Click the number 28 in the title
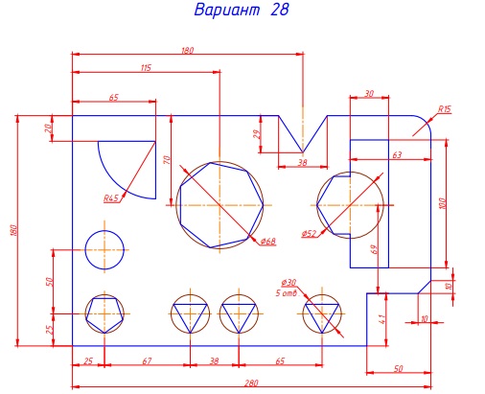[280, 10]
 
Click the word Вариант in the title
[227, 10]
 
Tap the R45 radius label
[111, 198]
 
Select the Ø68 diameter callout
[267, 241]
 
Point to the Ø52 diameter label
[309, 234]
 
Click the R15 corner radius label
[444, 109]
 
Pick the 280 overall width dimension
[251, 382]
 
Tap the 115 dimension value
[146, 68]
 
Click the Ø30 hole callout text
[289, 283]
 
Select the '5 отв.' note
[288, 292]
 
